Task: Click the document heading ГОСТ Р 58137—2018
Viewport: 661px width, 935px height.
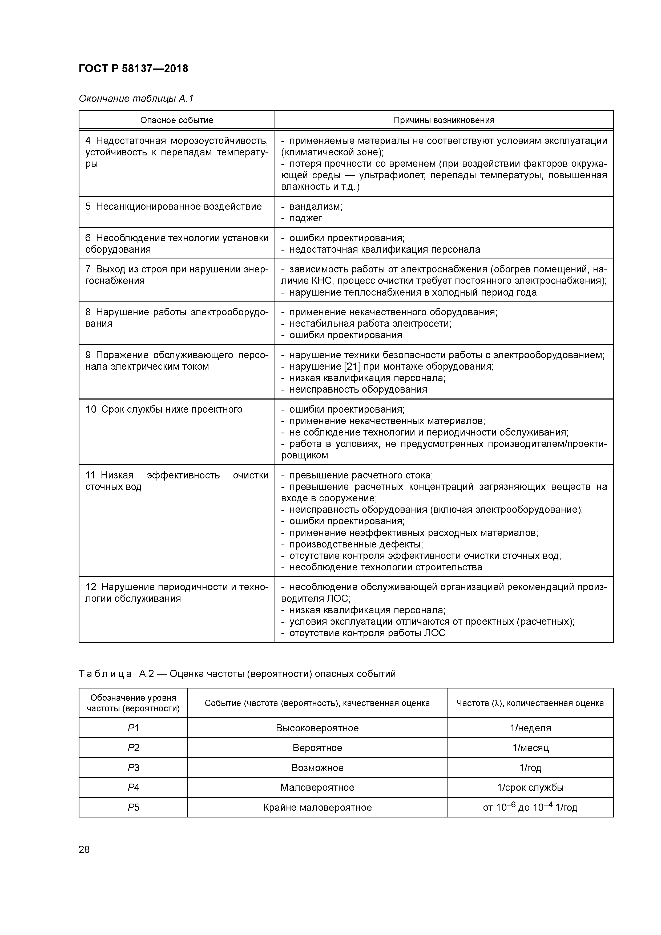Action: coord(133,68)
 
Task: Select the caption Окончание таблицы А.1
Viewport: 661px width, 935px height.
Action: coord(136,99)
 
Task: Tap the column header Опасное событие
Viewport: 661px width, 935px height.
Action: coord(176,120)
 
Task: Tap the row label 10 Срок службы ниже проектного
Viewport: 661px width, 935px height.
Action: coord(164,409)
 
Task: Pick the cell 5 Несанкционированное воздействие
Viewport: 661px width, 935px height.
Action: coord(174,207)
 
